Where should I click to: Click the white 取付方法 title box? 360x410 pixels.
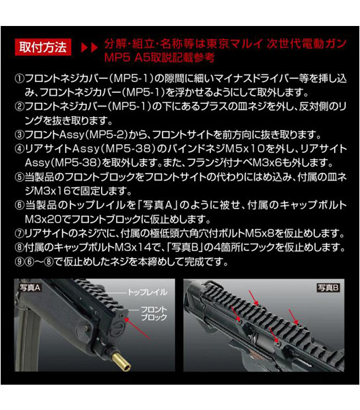[x=43, y=47]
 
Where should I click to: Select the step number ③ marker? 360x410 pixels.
[x=20, y=133]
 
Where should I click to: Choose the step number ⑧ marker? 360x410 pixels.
[x=20, y=248]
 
